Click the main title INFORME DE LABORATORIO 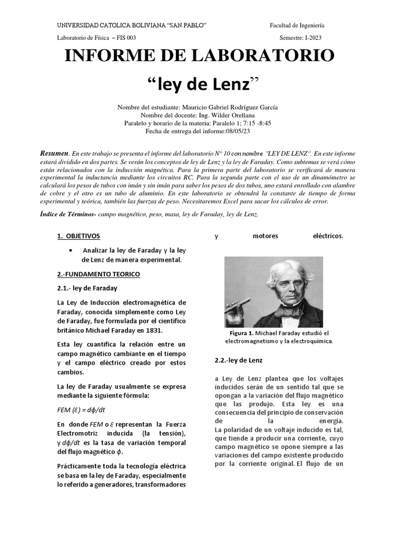pos(199,55)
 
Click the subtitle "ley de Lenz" pos(200,83)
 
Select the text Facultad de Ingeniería pos(297,25)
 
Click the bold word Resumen pos(54,153)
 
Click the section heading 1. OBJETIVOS pos(78,236)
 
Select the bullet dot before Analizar pos(70,251)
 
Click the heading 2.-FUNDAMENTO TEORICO pos(98,274)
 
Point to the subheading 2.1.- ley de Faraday pos(87,288)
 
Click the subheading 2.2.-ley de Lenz pos(239,360)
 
